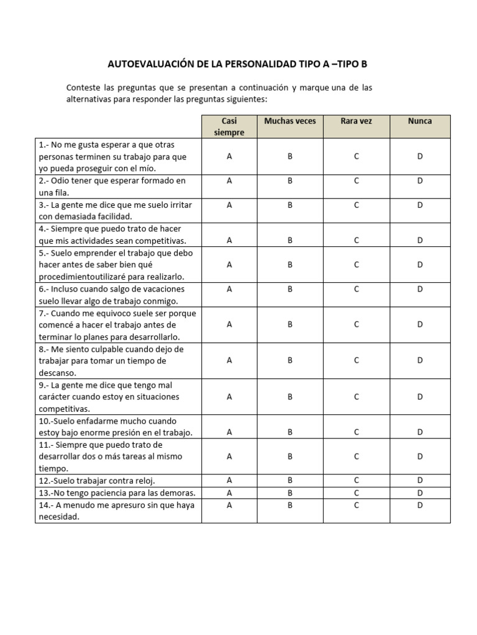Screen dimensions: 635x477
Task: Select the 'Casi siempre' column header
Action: click(x=229, y=127)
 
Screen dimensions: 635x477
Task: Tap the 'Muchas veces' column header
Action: click(x=289, y=121)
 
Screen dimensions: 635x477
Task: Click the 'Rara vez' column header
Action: click(x=356, y=121)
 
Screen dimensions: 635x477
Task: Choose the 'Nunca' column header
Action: click(x=420, y=121)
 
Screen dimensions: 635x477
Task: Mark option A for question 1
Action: click(x=229, y=157)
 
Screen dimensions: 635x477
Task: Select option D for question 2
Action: click(x=420, y=181)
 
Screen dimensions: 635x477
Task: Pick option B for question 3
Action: click(x=289, y=205)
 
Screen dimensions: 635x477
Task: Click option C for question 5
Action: click(x=356, y=265)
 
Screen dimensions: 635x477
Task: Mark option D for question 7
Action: click(x=420, y=324)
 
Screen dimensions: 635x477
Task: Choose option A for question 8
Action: click(x=229, y=360)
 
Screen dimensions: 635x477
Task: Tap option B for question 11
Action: click(x=289, y=456)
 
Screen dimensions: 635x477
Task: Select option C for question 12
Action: click(x=356, y=481)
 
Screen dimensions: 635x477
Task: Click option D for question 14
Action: click(x=420, y=505)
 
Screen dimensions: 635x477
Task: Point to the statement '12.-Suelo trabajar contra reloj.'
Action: click(x=97, y=481)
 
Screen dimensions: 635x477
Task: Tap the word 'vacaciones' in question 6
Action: click(x=164, y=289)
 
